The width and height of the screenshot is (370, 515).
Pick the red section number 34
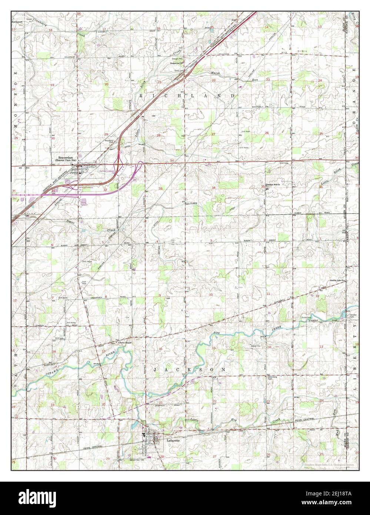[x=214, y=188]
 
